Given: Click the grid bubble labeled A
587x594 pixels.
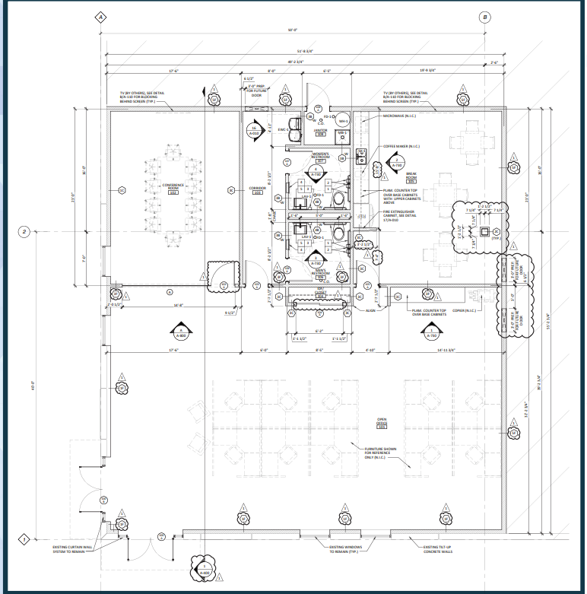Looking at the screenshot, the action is click(102, 17).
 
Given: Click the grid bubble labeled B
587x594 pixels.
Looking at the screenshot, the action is click(485, 17).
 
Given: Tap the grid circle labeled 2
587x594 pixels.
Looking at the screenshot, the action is click(24, 231).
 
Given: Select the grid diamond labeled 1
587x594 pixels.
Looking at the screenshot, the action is click(24, 539).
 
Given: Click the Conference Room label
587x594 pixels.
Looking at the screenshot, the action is click(173, 187).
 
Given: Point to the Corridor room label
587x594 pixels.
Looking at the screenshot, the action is click(257, 189).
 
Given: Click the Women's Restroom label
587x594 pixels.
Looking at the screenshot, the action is click(320, 157).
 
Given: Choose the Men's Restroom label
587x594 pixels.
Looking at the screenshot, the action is click(320, 272).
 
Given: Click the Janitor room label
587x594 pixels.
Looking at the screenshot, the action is click(320, 132).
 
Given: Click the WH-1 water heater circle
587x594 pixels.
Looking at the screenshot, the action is click(343, 121).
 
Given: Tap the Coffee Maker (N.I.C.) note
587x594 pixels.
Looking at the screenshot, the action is click(400, 145).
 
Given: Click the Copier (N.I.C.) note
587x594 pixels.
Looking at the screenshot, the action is click(465, 310).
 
